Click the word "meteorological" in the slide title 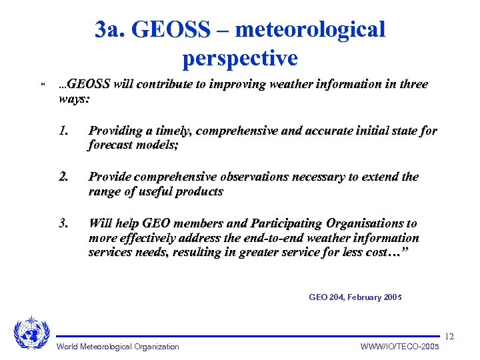click(310, 30)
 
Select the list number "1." click(64, 131)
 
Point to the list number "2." click(64, 177)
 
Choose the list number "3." click(64, 223)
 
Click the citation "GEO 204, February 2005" click(355, 297)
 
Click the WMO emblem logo click(31, 332)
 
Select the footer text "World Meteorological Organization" click(118, 347)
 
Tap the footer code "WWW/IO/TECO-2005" click(400, 347)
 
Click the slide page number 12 click(449, 335)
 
